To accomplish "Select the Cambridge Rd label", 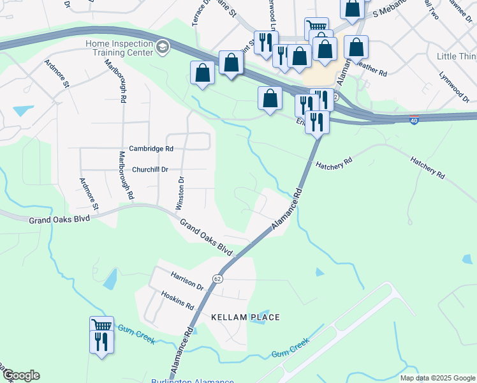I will pyautogui.click(x=151, y=148).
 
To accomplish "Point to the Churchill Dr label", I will pyautogui.click(x=150, y=169).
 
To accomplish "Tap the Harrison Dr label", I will pyautogui.click(x=186, y=278).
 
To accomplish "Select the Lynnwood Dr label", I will pyautogui.click(x=453, y=86).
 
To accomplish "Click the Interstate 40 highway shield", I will pyautogui.click(x=414, y=120).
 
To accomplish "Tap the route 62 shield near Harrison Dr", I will pyautogui.click(x=217, y=278).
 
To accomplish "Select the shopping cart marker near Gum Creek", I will pyautogui.click(x=101, y=325).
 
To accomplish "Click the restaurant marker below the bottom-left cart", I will pyautogui.click(x=101, y=342).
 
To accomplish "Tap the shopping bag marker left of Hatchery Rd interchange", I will pyautogui.click(x=270, y=98).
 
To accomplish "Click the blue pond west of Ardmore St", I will pyautogui.click(x=23, y=110).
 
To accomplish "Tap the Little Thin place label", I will pyautogui.click(x=455, y=57).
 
